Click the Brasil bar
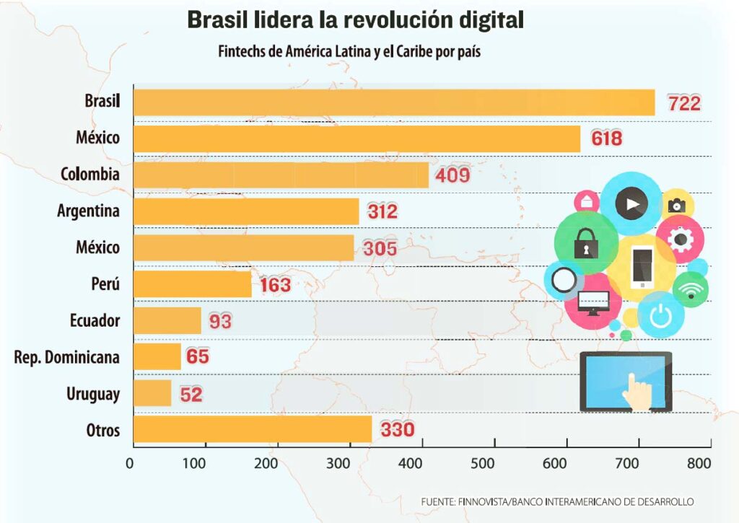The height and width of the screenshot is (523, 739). (394, 102)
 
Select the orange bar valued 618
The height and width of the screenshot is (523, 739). (357, 139)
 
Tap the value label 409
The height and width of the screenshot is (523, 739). (452, 175)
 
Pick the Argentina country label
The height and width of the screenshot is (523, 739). (89, 211)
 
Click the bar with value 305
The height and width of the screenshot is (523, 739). (244, 248)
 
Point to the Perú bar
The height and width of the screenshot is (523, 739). (192, 284)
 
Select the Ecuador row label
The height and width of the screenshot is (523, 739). (95, 321)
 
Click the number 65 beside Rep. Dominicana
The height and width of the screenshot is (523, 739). (198, 356)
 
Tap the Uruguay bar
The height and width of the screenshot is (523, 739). (152, 393)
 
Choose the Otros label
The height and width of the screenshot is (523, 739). (102, 431)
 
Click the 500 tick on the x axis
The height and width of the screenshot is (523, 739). (483, 464)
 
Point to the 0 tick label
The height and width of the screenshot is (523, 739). (130, 464)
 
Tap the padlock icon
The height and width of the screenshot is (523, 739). (586, 243)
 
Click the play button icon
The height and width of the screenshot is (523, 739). (631, 204)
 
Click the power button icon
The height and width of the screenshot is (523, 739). (660, 315)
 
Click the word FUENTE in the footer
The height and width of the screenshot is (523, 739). (437, 502)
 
